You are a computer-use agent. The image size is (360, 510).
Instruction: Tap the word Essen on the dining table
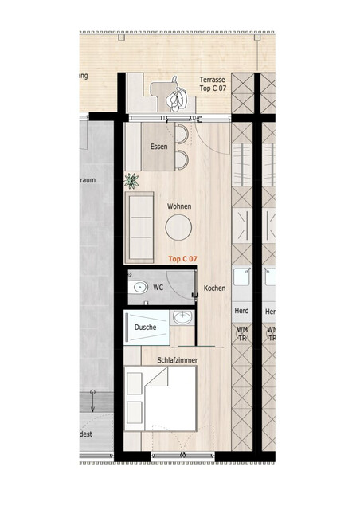coord(159,147)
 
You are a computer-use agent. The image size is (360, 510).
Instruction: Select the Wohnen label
coord(179,206)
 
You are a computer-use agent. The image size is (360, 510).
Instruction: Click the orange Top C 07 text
coord(182,259)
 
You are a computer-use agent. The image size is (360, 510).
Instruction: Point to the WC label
coord(158,287)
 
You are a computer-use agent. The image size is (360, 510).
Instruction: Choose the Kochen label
coord(214,288)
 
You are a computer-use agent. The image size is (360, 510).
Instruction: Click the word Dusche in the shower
coord(145,328)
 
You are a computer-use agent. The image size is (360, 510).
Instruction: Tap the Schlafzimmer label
coord(177,360)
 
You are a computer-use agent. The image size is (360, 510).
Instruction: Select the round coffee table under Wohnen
coord(178,229)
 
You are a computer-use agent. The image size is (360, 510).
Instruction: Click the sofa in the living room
coord(139,227)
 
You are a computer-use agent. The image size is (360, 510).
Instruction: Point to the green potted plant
coord(131,180)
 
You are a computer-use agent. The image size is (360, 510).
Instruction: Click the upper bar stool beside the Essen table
coord(182,134)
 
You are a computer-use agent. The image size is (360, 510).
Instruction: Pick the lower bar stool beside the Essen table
coord(182,159)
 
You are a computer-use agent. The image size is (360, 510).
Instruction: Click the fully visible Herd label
coord(242,311)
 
